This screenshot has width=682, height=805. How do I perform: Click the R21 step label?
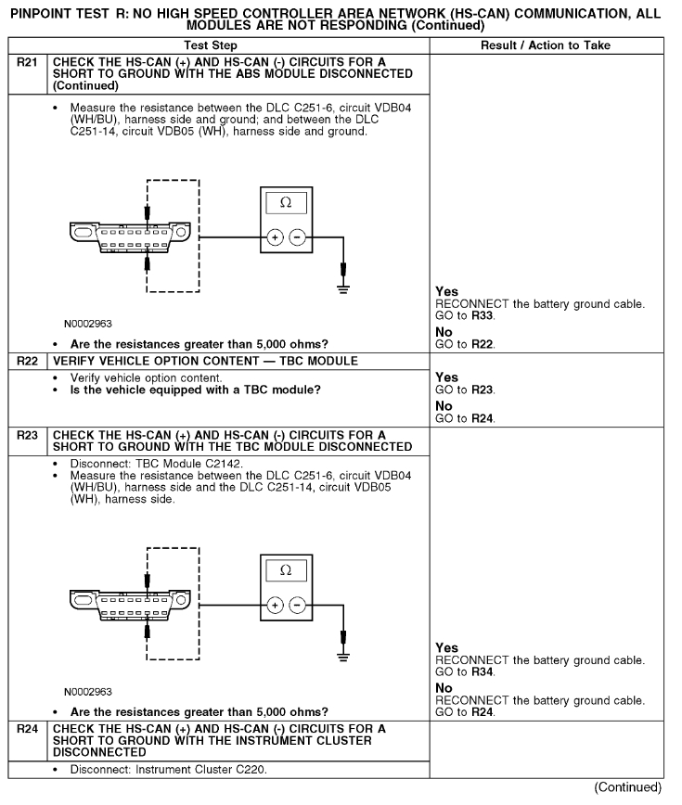(28, 61)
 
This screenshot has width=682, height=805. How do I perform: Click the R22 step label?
(28, 361)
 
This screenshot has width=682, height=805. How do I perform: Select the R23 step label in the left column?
(28, 434)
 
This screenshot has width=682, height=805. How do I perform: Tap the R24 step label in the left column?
(28, 728)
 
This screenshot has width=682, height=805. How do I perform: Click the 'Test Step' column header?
(217, 45)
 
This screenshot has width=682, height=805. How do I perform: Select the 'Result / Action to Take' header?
(554, 45)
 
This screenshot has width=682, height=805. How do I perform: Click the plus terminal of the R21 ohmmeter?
(275, 236)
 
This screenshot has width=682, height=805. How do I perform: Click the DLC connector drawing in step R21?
(126, 236)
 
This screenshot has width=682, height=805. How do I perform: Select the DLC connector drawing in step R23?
(126, 604)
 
